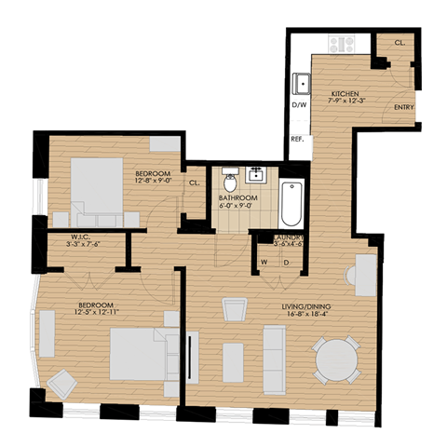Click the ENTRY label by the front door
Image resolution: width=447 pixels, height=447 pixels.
point(403,108)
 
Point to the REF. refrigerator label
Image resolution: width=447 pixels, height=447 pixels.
point(299,139)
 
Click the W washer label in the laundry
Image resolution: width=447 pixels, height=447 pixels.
point(264,262)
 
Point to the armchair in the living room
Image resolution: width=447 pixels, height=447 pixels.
point(234,311)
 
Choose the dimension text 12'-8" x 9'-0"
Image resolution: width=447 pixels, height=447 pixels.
point(155,183)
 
